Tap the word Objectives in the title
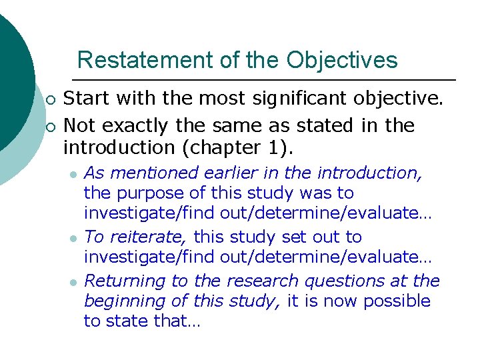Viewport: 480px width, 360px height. coord(342,61)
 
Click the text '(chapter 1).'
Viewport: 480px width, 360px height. coord(226,146)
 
